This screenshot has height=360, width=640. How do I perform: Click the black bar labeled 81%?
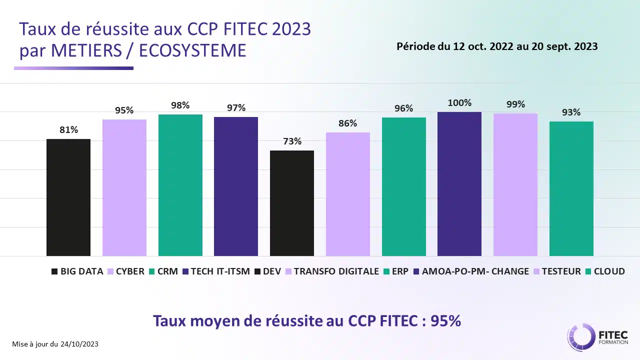(68, 197)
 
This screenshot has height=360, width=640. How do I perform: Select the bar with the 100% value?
(459, 184)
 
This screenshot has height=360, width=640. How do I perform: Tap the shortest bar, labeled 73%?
(292, 203)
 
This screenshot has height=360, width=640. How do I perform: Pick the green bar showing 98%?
(180, 185)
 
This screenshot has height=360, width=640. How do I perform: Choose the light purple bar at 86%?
(348, 194)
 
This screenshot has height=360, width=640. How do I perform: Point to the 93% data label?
(571, 112)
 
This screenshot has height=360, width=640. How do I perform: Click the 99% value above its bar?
(515, 104)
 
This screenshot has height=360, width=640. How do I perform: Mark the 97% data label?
(236, 108)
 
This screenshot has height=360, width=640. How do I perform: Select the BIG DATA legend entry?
(77, 271)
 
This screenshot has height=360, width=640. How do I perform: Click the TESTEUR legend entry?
(558, 271)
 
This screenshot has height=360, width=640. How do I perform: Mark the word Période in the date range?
(414, 46)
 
